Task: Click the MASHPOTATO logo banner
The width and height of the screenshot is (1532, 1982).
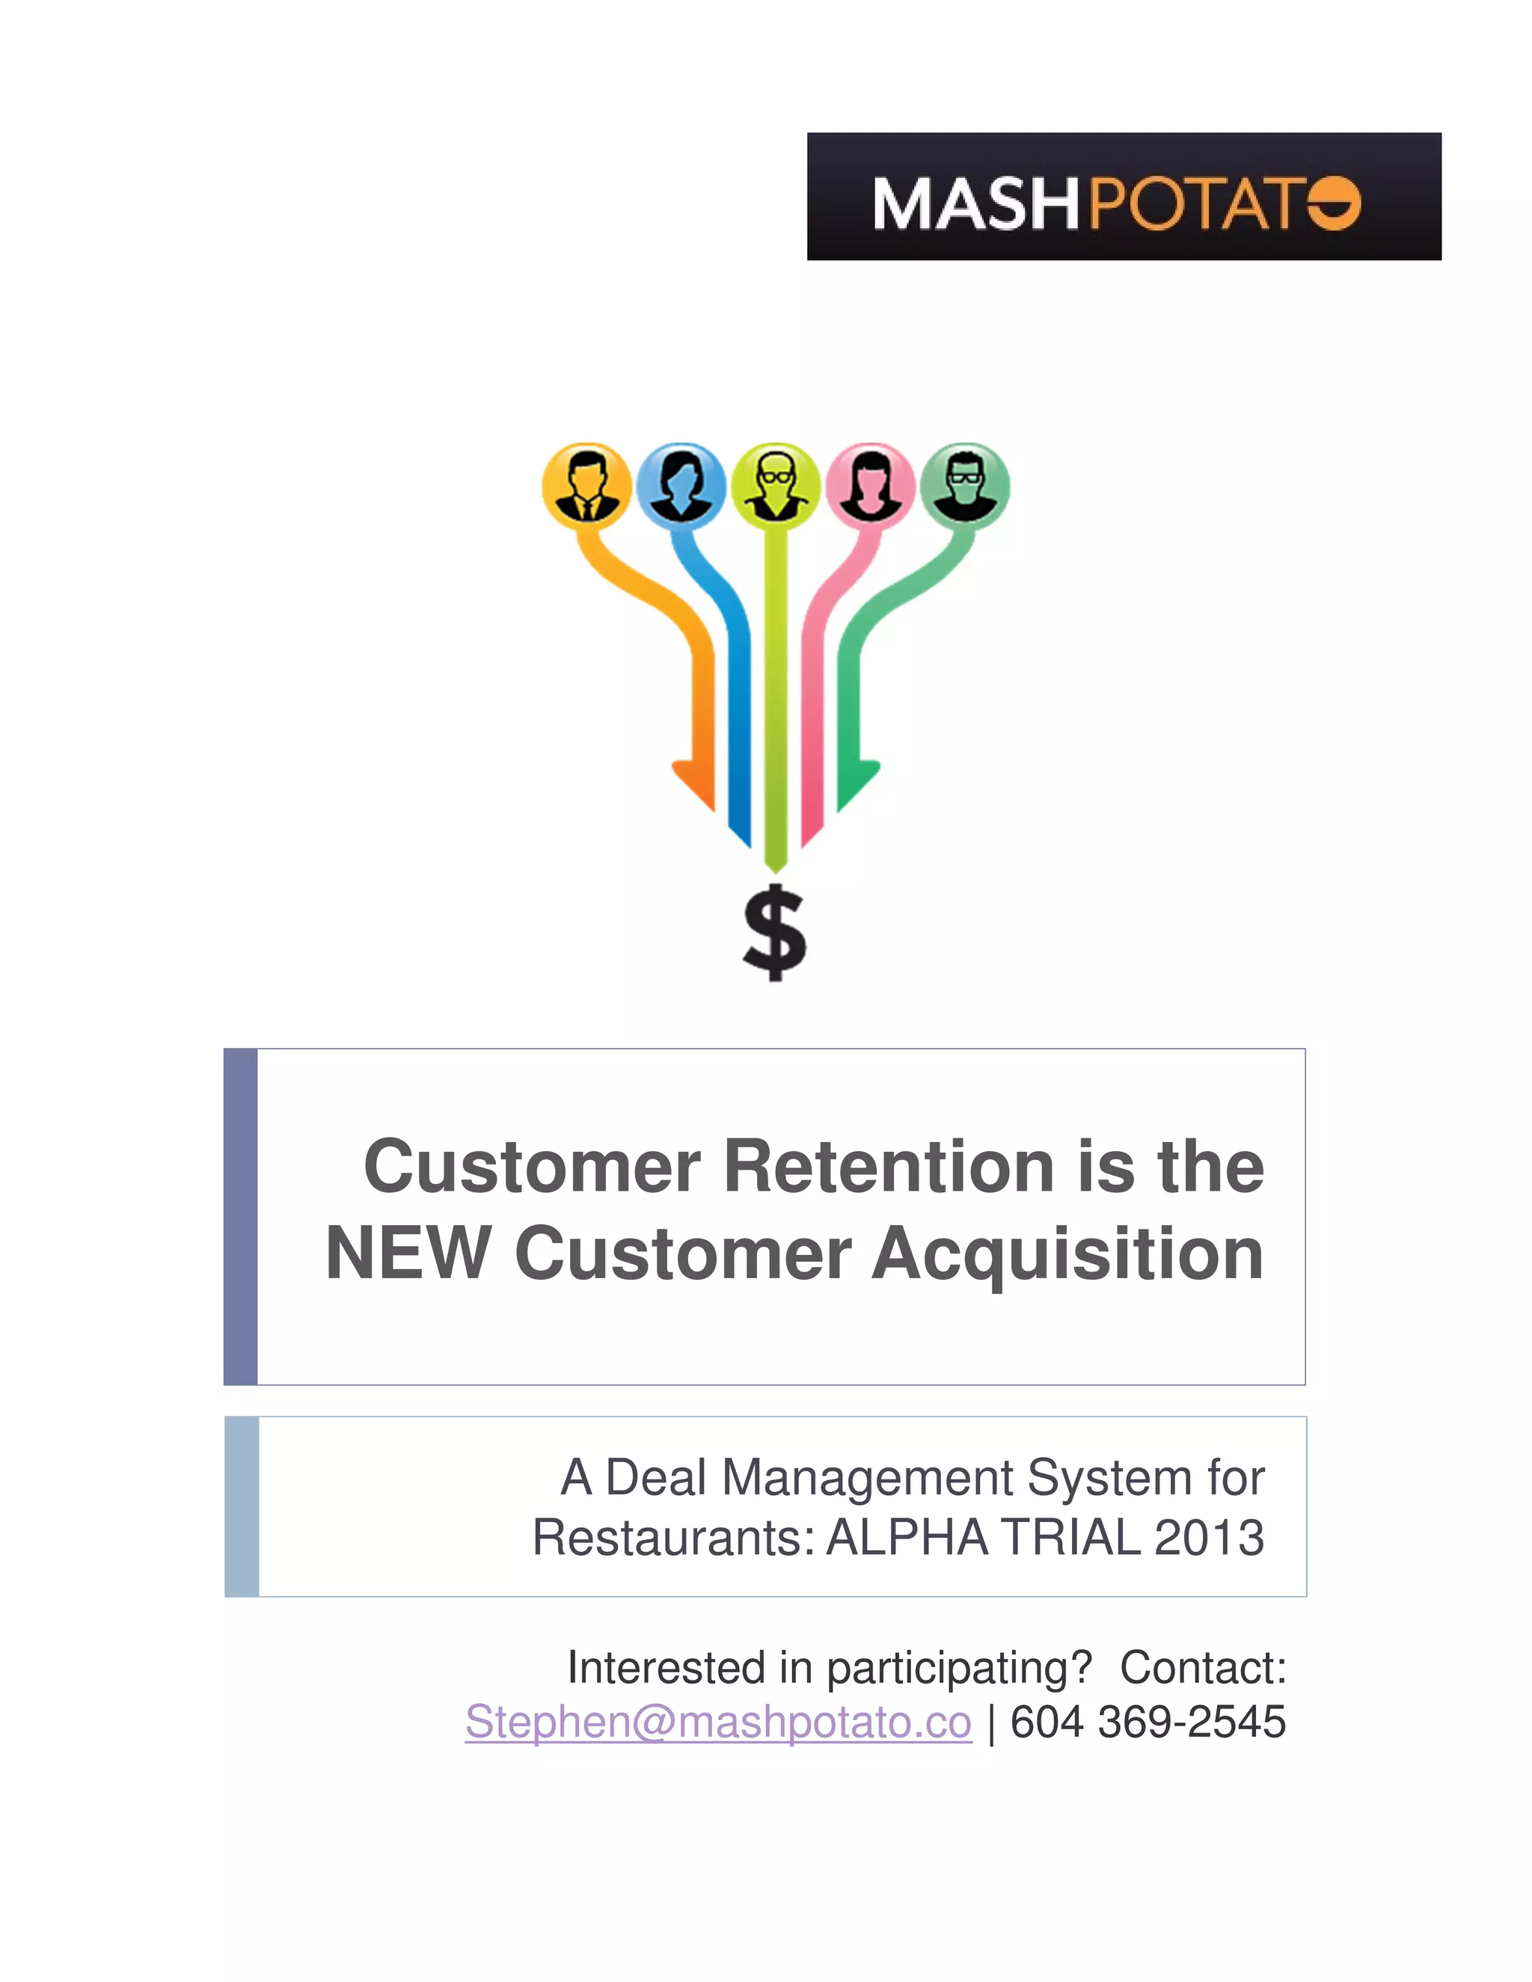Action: click(x=1124, y=196)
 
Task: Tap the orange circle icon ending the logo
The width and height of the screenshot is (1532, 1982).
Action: click(x=1335, y=204)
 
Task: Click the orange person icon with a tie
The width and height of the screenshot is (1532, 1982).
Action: click(x=586, y=488)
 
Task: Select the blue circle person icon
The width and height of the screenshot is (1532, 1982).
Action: click(x=681, y=488)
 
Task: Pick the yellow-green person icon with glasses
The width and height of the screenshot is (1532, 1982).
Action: click(x=775, y=488)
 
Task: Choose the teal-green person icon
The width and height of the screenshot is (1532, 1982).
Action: click(x=965, y=488)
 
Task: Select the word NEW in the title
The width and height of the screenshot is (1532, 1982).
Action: click(x=408, y=1254)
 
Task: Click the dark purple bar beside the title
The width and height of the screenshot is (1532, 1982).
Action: click(x=241, y=1217)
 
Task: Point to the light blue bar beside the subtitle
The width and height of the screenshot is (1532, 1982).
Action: click(x=242, y=1506)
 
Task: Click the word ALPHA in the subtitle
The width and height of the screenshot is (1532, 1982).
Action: click(x=907, y=1538)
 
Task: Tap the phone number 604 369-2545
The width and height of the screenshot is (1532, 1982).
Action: click(x=1148, y=1722)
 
